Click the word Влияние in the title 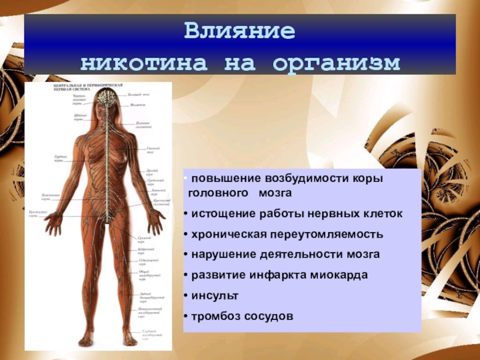[239, 32]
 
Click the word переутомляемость [332, 234]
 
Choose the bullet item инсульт [215, 296]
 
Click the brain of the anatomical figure [108, 97]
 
